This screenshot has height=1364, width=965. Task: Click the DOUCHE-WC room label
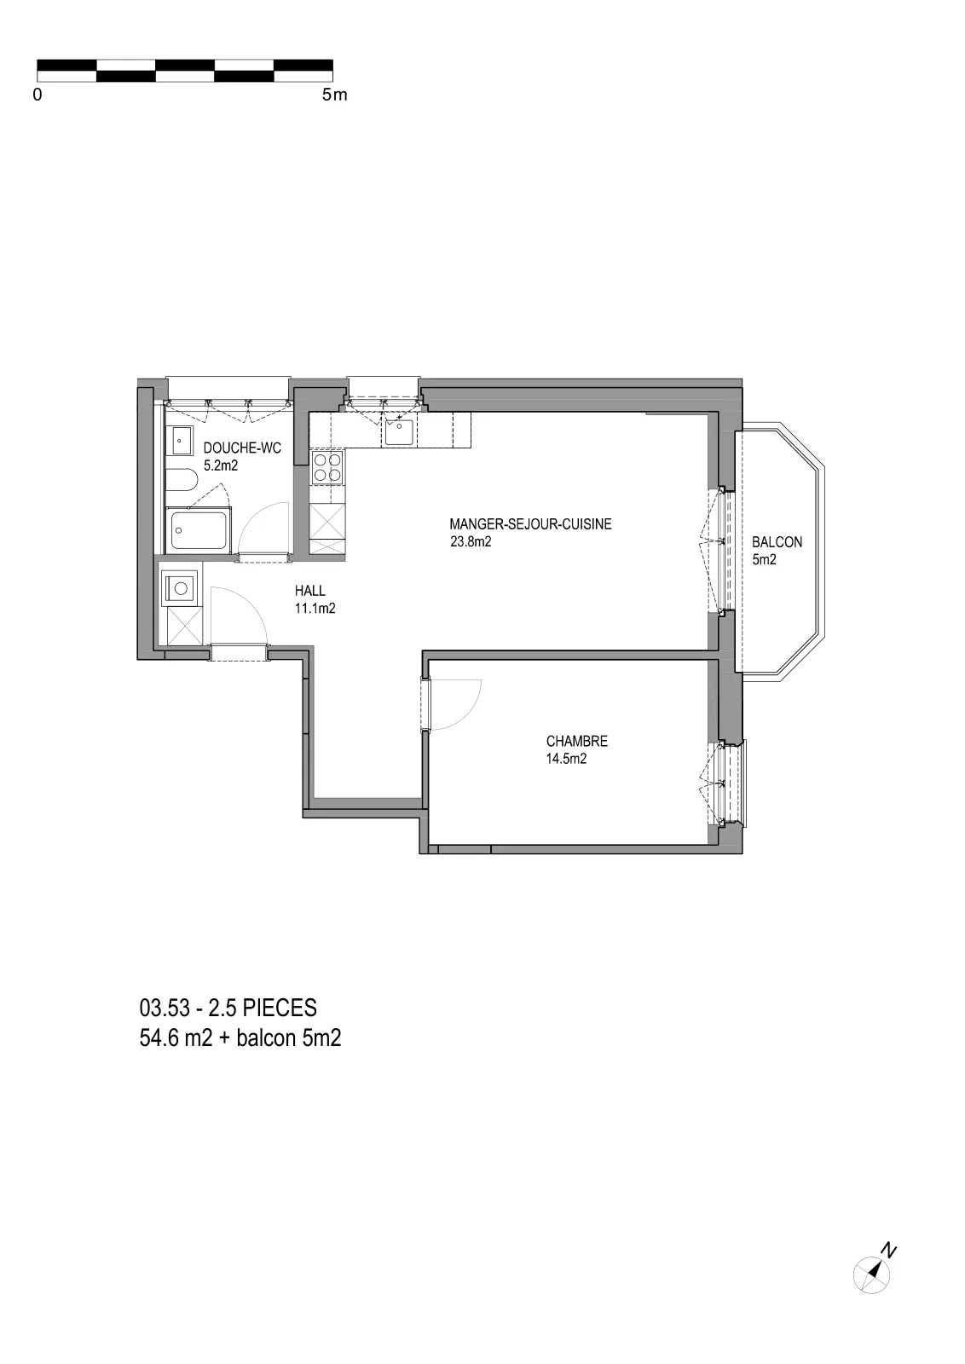[242, 448]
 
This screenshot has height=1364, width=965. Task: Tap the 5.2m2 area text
[221, 465]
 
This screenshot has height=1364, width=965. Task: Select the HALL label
[310, 591]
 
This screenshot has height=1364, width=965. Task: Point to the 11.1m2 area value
[315, 609]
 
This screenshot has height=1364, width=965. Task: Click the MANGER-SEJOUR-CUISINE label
[530, 523]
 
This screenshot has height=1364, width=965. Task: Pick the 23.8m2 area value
[471, 541]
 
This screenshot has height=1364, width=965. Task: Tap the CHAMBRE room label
[576, 741]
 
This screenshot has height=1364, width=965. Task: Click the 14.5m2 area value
[566, 759]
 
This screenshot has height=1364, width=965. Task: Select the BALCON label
[777, 542]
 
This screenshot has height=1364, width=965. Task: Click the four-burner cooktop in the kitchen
[327, 467]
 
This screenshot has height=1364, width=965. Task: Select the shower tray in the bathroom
[199, 530]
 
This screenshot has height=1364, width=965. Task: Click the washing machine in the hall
[180, 588]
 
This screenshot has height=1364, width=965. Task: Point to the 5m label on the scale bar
[334, 95]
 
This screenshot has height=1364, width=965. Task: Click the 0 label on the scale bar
[38, 95]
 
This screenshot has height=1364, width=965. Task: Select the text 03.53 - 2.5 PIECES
[228, 1008]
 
